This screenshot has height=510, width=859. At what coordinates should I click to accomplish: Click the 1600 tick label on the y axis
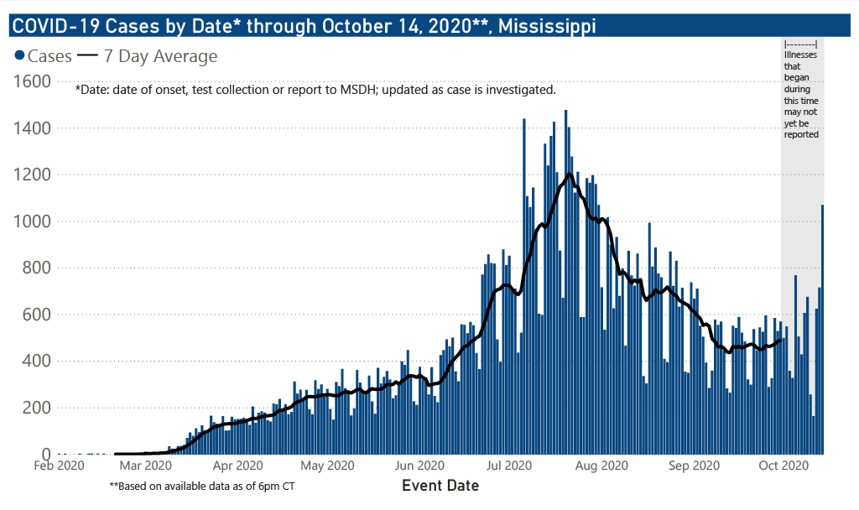(34, 81)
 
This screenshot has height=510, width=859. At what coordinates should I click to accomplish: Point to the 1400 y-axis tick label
(34, 128)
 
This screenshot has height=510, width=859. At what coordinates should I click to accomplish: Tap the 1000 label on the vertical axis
(34, 221)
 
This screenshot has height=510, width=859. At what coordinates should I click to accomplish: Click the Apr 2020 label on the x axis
(239, 464)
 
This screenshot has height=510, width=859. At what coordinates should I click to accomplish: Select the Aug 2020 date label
(603, 464)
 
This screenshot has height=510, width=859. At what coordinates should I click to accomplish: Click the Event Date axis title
(440, 485)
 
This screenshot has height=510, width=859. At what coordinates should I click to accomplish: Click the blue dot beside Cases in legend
(19, 56)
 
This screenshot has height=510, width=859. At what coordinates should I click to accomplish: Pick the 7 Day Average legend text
(160, 56)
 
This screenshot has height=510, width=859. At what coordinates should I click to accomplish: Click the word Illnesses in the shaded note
(801, 54)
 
